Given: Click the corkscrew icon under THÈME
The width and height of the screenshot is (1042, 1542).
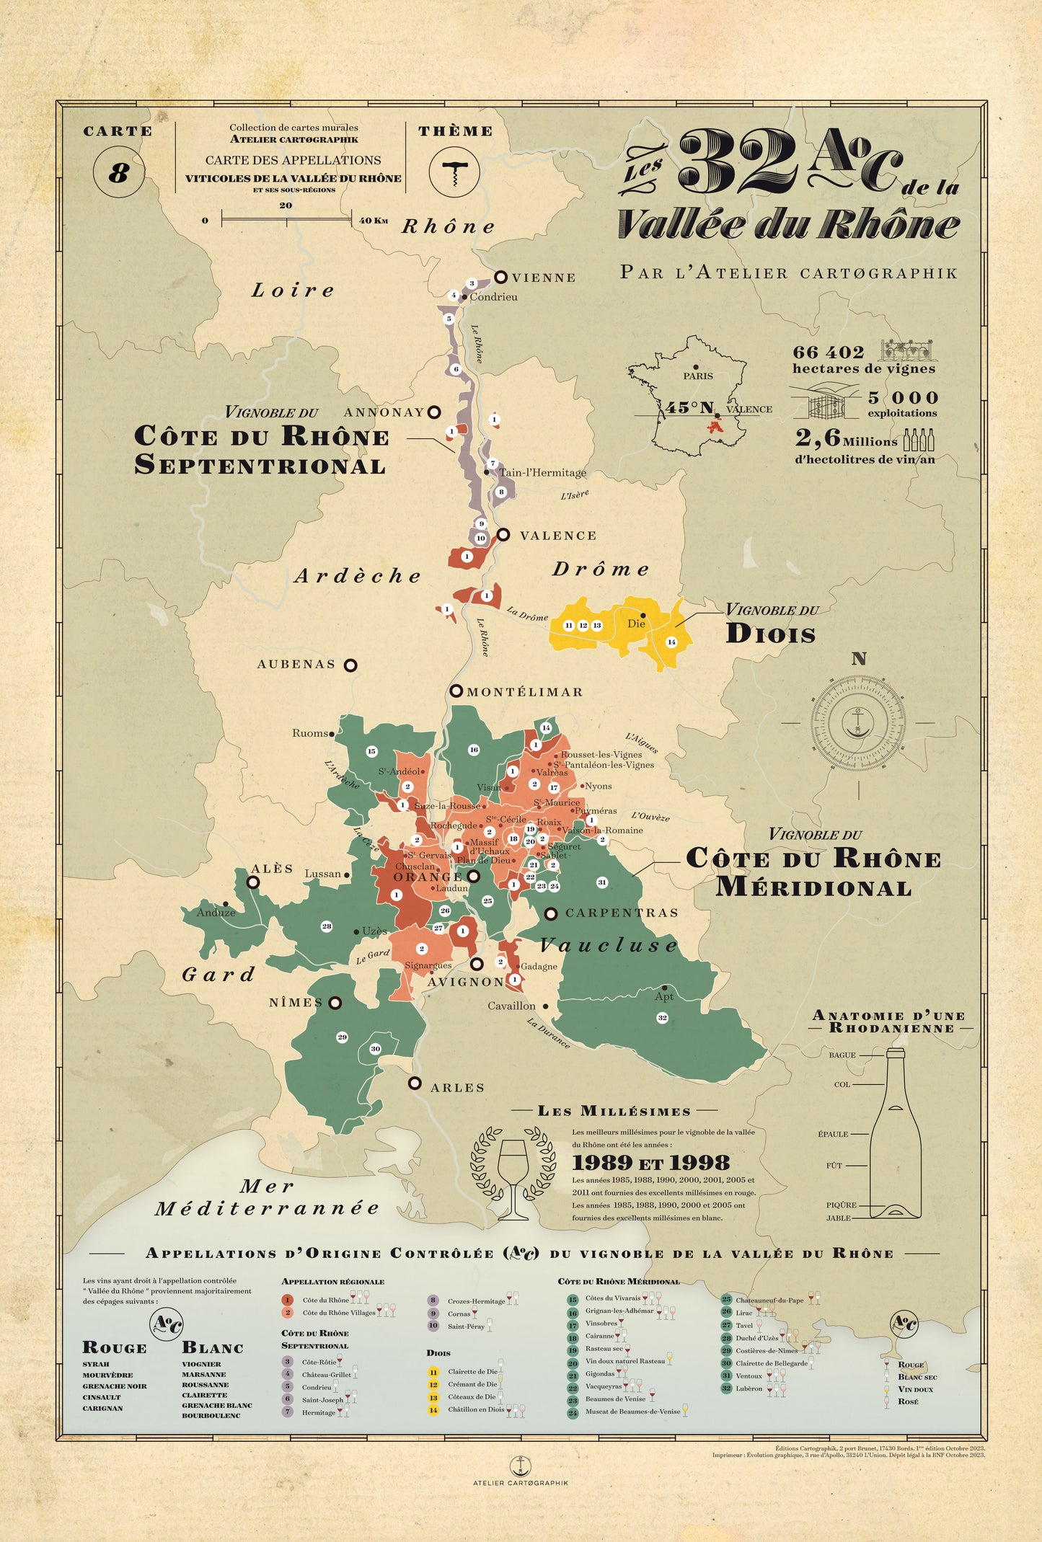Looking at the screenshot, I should click(454, 172).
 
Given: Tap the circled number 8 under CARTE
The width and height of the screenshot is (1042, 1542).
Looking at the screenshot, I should click(118, 173).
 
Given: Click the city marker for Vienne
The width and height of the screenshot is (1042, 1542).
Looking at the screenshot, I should click(500, 277).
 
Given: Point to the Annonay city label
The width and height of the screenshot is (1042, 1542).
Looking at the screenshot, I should click(384, 412).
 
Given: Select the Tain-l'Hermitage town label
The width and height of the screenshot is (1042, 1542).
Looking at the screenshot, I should click(542, 473).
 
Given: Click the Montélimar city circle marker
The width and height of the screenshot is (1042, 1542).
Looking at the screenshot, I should click(456, 691).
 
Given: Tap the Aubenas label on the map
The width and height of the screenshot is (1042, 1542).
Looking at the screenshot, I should click(296, 664).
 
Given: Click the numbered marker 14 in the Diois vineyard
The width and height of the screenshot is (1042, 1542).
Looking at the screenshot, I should click(671, 642).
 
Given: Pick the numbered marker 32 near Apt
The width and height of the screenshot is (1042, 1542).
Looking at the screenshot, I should click(662, 1018).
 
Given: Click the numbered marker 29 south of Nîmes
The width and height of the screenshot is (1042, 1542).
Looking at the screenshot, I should click(342, 1037).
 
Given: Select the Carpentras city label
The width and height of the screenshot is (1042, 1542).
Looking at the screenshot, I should click(622, 913).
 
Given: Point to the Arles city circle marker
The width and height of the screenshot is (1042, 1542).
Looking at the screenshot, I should click(415, 1083).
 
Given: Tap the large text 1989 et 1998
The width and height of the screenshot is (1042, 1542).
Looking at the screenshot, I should click(650, 1162).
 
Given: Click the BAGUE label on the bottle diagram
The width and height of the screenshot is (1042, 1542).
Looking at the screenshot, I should click(842, 1055).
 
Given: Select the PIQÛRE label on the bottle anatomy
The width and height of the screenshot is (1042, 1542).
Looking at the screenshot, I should click(841, 1205).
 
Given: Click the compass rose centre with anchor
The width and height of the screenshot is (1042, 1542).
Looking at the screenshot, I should click(858, 722).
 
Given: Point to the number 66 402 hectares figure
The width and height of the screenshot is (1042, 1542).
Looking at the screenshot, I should click(828, 353).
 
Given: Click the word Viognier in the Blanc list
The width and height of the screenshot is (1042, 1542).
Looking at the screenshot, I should click(201, 1364).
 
